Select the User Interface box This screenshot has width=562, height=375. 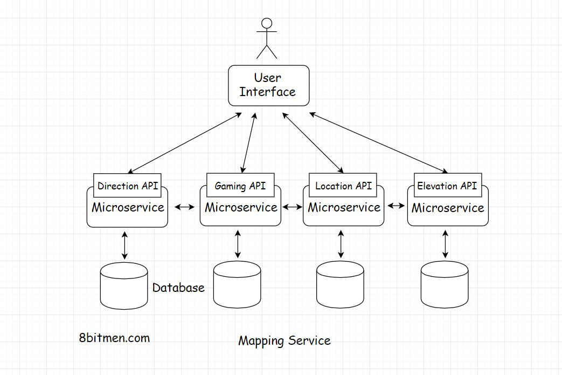(268, 85)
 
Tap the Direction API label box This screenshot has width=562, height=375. (128, 186)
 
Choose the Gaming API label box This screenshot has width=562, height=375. (240, 186)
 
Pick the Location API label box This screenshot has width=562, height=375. (343, 186)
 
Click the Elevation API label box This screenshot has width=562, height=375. (447, 186)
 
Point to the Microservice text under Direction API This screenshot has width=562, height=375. (128, 208)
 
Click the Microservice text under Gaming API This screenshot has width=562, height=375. (241, 208)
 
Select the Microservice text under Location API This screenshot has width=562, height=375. (344, 208)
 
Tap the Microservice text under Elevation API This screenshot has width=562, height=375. (448, 208)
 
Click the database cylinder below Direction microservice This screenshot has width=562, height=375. (124, 286)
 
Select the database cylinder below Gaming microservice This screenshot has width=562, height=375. (237, 285)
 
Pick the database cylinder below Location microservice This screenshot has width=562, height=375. (340, 285)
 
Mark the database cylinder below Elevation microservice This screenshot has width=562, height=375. (444, 285)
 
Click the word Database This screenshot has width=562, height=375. (178, 288)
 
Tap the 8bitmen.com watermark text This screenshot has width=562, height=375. (114, 338)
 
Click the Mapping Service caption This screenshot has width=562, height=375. (284, 340)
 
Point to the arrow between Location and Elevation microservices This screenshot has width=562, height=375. (396, 206)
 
